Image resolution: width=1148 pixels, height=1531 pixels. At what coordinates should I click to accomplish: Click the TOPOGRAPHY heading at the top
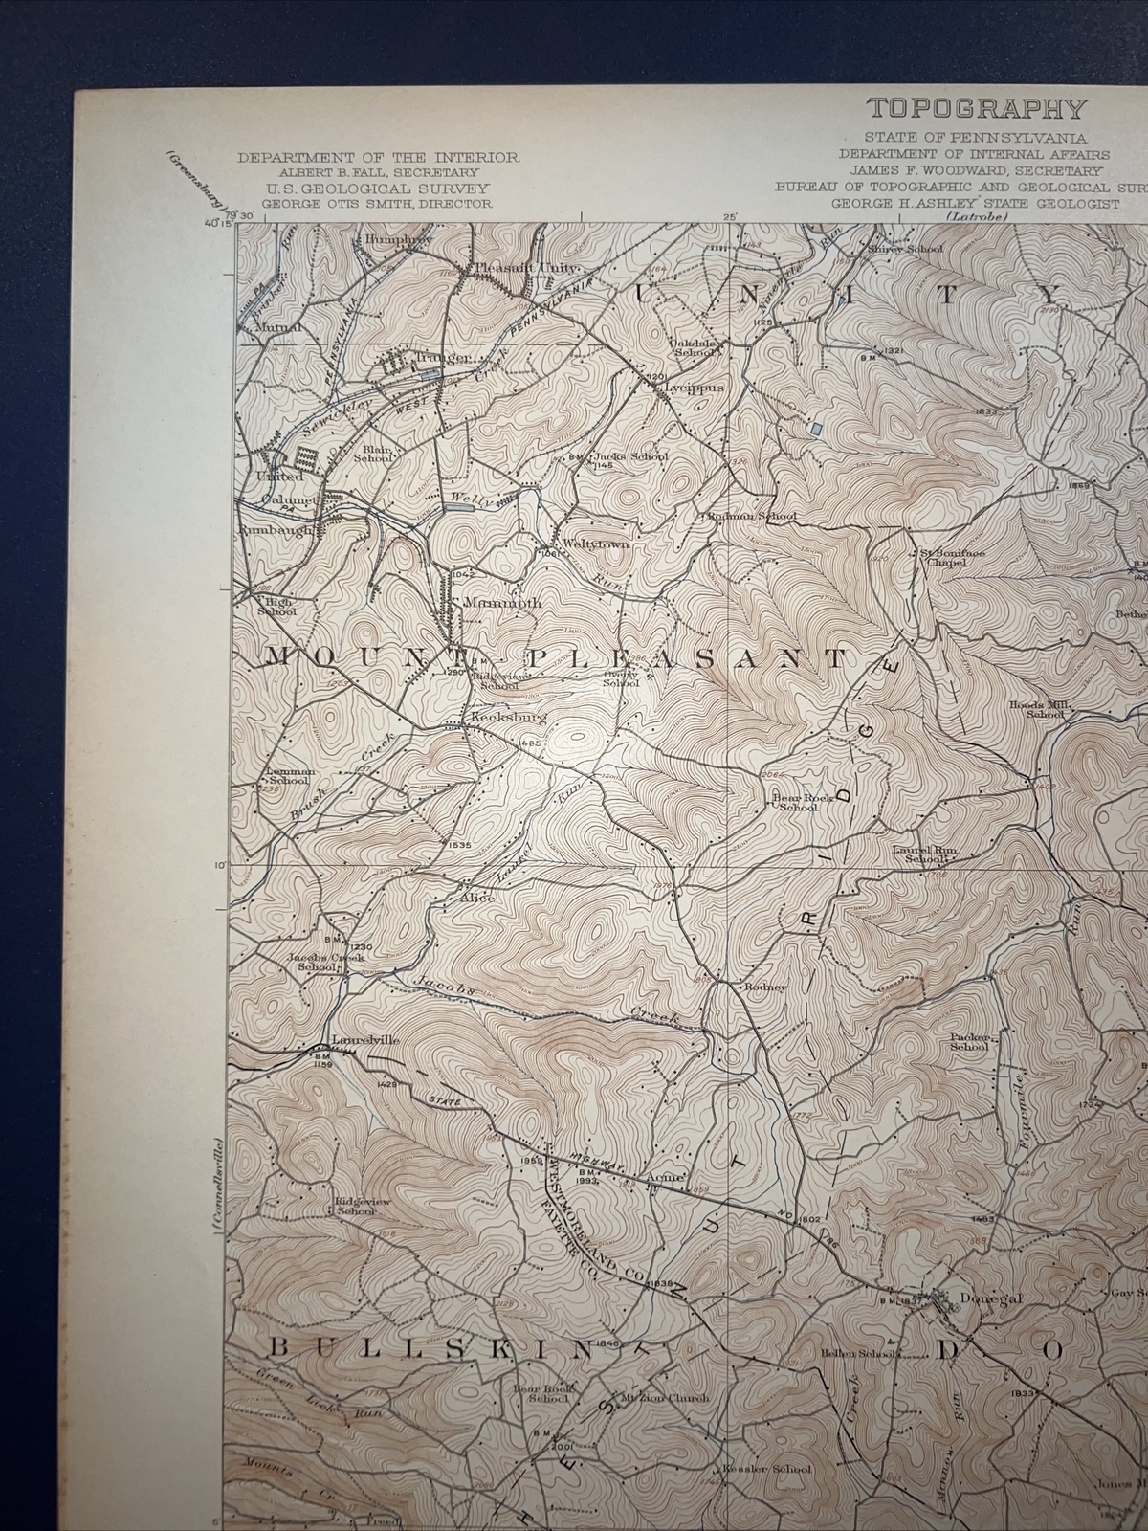point(977,109)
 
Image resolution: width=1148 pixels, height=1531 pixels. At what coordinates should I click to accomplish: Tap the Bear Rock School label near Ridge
point(797,801)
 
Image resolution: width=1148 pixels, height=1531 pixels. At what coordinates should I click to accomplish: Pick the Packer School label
point(969,1042)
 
